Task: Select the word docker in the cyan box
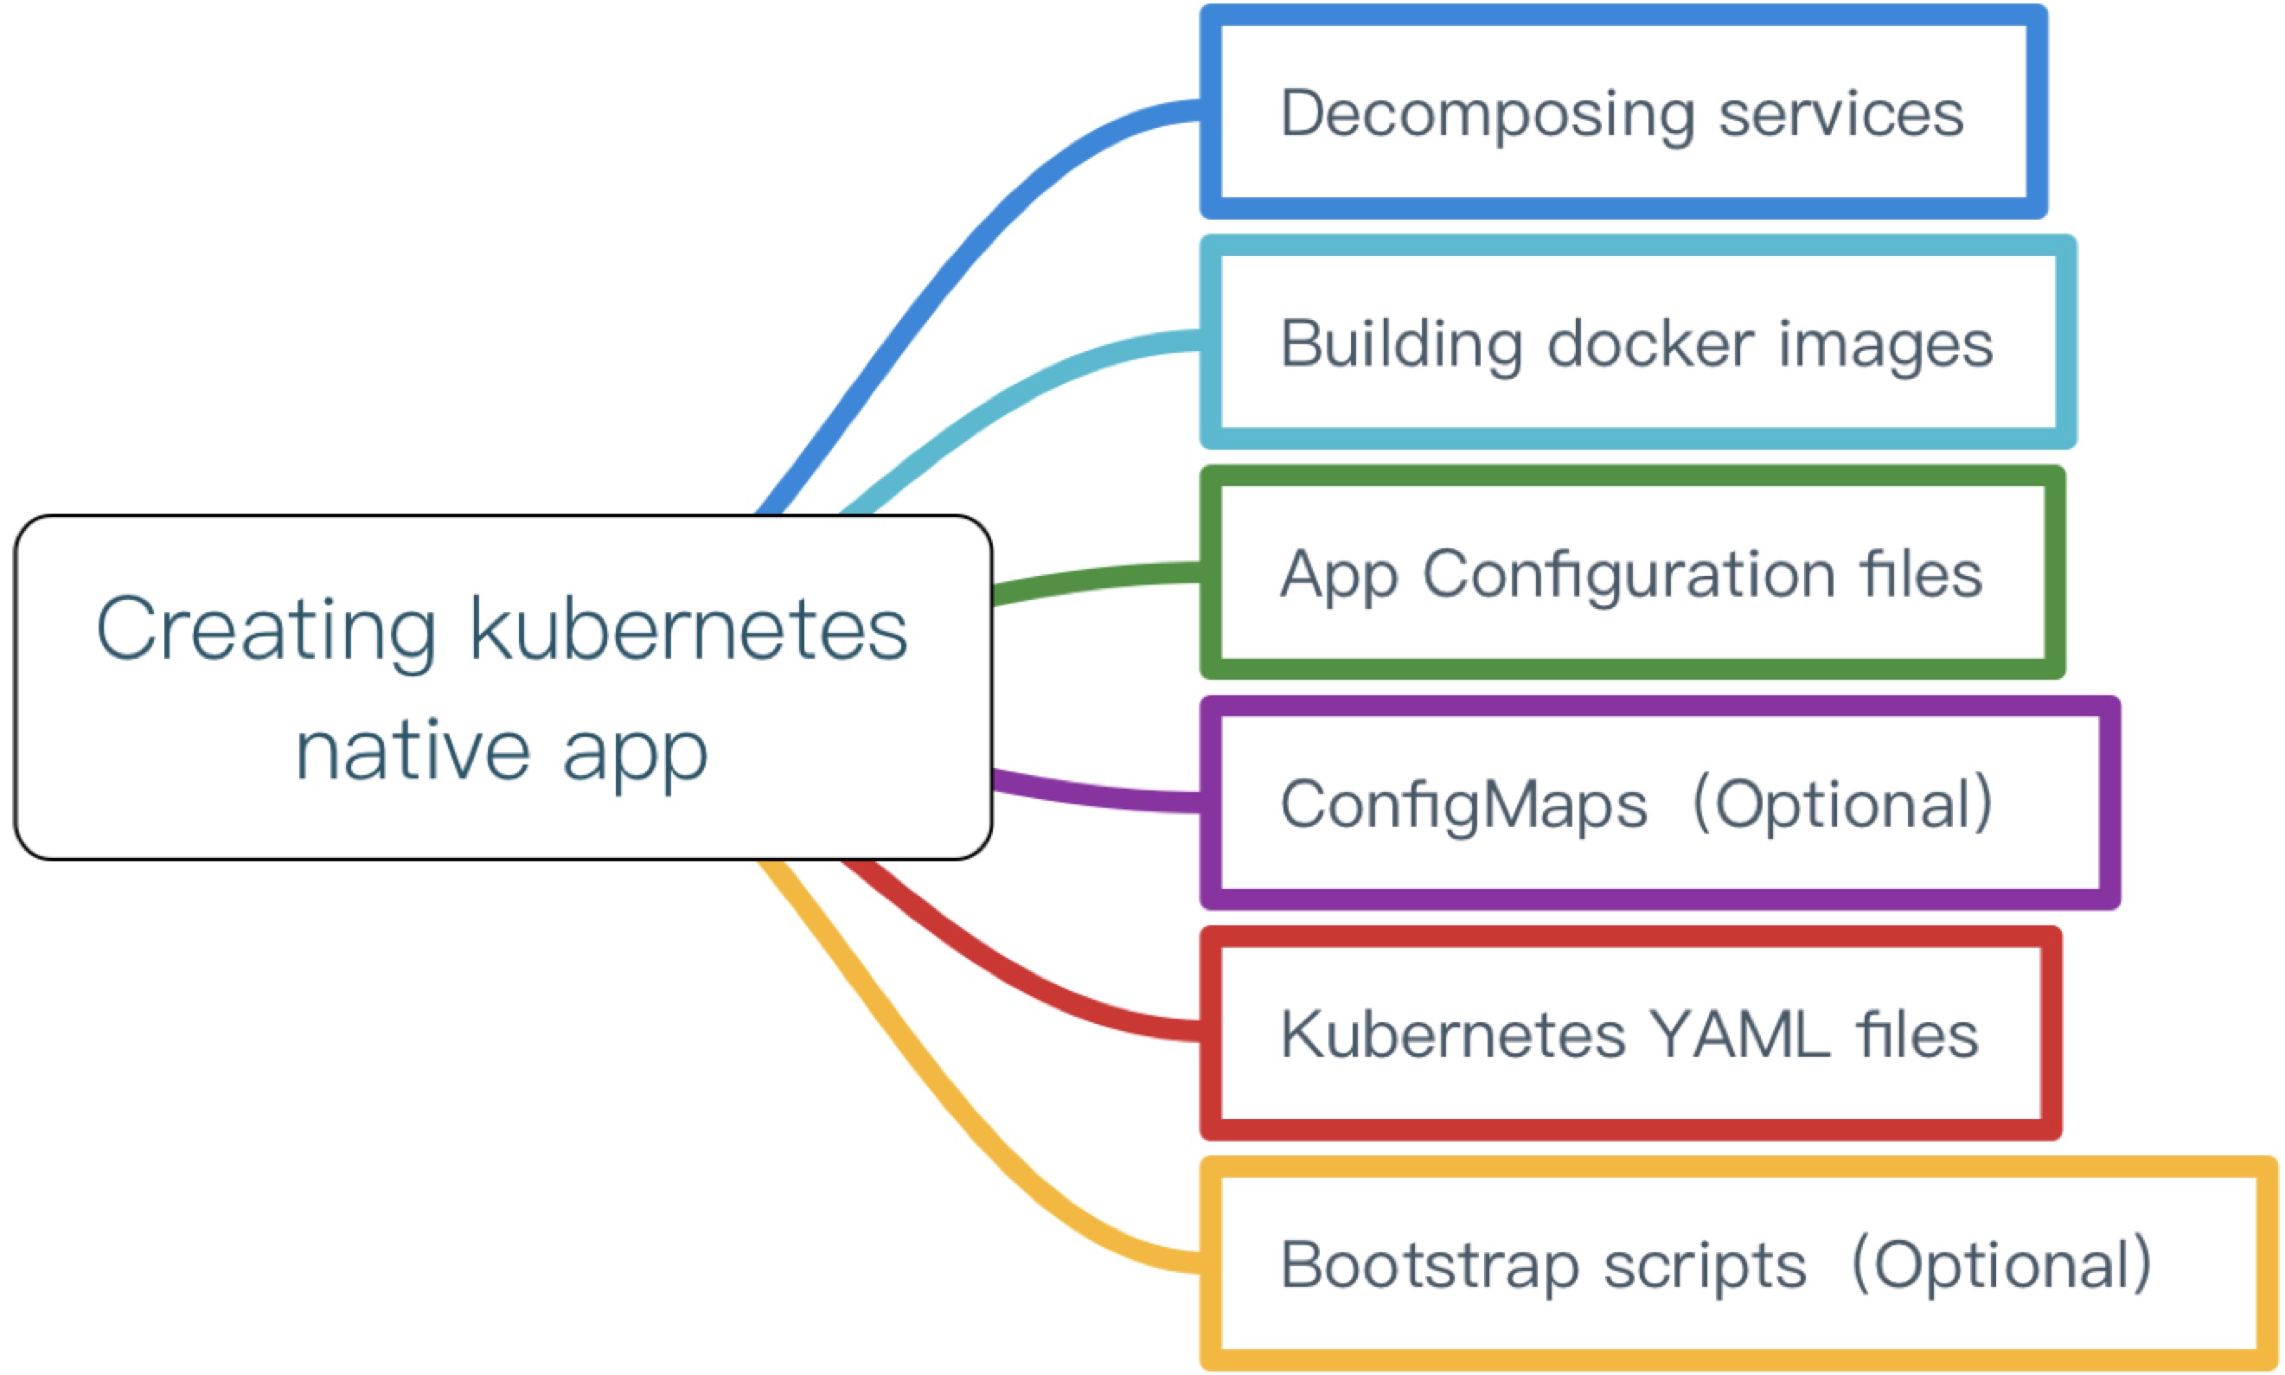point(1650,345)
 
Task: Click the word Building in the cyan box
point(1400,345)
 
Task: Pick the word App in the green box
point(1338,575)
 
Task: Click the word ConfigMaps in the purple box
point(1463,804)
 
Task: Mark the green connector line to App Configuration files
point(1093,580)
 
